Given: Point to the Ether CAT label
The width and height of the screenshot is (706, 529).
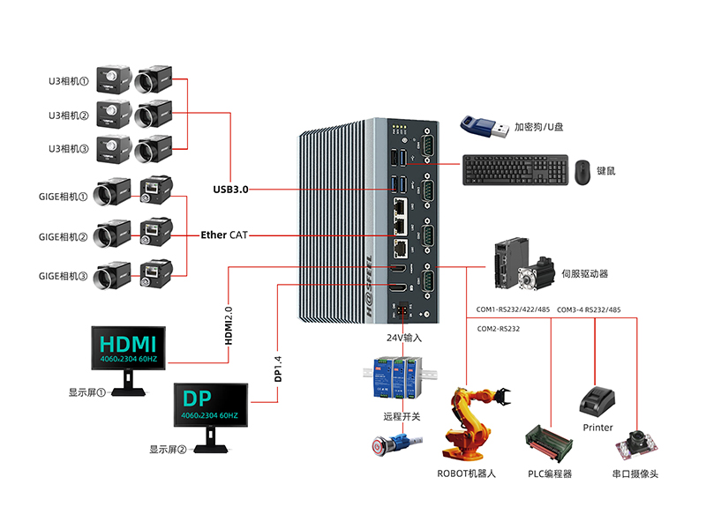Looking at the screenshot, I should click(225, 235).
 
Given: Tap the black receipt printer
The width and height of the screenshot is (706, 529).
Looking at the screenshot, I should click(597, 400).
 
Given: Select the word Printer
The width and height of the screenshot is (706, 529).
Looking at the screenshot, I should click(597, 428).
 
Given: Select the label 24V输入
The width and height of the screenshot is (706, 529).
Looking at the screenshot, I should click(404, 338).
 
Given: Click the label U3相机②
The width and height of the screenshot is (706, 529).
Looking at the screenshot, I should click(69, 115).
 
